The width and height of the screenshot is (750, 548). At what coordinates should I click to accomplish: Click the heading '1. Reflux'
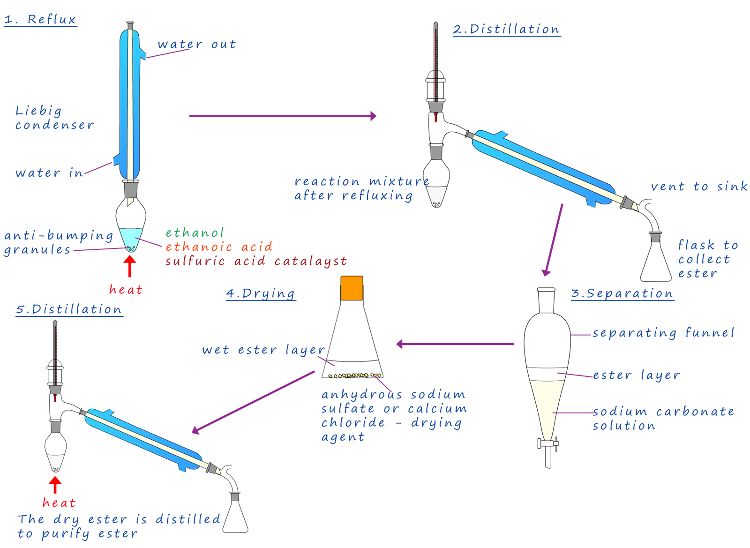pyautogui.click(x=40, y=20)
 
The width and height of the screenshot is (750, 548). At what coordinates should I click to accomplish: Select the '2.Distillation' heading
pyautogui.click(x=507, y=30)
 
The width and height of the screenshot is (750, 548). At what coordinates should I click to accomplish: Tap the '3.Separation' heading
pyautogui.click(x=622, y=293)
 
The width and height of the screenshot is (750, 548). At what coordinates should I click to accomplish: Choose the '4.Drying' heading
pyautogui.click(x=261, y=293)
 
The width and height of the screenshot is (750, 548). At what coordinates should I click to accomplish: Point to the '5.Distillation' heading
pyautogui.click(x=69, y=309)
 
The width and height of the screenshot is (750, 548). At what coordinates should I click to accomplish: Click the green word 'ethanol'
pyautogui.click(x=195, y=233)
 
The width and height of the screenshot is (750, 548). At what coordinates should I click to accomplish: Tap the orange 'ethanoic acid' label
pyautogui.click(x=218, y=247)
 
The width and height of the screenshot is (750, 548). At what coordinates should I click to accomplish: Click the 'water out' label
pyautogui.click(x=196, y=45)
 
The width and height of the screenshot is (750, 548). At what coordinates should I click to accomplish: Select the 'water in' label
pyautogui.click(x=49, y=173)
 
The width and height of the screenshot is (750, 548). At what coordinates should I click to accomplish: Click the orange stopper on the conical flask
pyautogui.click(x=352, y=288)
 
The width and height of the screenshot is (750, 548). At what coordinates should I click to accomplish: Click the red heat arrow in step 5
pyautogui.click(x=55, y=485)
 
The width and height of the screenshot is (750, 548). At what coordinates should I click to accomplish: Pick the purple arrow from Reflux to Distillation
pyautogui.click(x=283, y=116)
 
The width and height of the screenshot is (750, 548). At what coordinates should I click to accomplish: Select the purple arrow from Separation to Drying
pyautogui.click(x=455, y=345)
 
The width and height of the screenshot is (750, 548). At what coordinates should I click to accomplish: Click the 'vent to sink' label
pyautogui.click(x=698, y=187)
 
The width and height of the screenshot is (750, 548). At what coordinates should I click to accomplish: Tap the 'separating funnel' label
pyautogui.click(x=663, y=333)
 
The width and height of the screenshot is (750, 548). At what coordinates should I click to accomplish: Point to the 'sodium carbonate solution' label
pyautogui.click(x=662, y=419)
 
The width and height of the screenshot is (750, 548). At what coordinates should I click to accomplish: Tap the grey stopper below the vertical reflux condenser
pyautogui.click(x=131, y=189)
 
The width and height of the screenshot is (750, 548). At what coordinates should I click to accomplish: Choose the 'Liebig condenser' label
pyautogui.click(x=53, y=118)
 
